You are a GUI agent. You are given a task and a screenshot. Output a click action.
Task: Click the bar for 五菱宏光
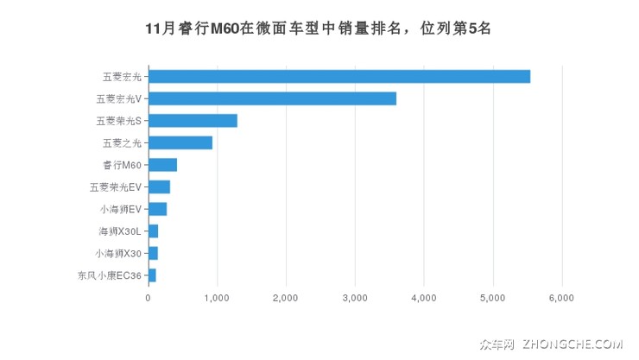tap(339, 76)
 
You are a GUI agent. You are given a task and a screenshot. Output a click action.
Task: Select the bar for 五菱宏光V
tap(272, 98)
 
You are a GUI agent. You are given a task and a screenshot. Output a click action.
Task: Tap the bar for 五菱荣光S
tap(193, 121)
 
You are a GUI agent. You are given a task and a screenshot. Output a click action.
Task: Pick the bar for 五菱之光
tap(180, 142)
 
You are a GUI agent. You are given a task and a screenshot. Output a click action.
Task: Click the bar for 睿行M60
tap(162, 165)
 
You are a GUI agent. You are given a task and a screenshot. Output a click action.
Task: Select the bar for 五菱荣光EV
tap(159, 186)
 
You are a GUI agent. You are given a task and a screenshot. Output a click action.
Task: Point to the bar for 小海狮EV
tap(157, 209)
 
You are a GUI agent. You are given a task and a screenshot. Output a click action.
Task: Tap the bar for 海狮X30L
tap(153, 231)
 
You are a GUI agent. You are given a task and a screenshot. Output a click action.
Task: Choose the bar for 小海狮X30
tap(153, 253)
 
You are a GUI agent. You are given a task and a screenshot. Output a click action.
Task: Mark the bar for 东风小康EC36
tap(152, 275)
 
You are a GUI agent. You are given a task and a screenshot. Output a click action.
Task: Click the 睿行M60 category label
tap(122, 165)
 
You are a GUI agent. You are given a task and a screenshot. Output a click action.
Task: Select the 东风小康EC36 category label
tap(110, 275)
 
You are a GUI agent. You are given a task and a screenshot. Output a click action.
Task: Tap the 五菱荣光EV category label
tap(116, 186)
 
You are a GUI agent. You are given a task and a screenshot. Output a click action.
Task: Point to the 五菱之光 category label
tap(122, 142)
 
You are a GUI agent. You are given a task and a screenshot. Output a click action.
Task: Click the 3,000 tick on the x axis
tap(355, 298)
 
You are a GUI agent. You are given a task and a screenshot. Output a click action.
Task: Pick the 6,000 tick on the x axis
tap(562, 298)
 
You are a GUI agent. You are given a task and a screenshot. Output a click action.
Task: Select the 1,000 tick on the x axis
tap(217, 298)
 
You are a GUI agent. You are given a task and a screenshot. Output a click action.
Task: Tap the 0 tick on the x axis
tap(149, 298)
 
